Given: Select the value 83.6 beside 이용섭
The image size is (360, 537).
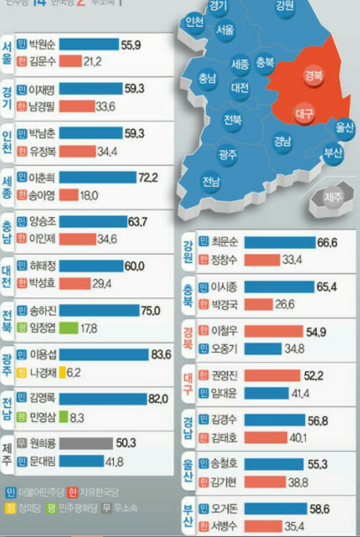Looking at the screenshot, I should click(x=161, y=354).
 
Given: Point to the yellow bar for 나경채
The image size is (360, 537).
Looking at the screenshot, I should click(x=63, y=372).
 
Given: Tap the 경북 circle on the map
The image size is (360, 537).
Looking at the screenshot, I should click(x=314, y=76).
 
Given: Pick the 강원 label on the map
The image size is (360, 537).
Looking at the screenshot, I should click(x=285, y=7).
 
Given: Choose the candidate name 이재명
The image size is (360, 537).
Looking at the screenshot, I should click(x=43, y=89).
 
